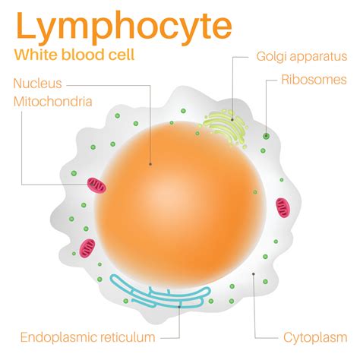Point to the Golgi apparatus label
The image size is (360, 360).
[x=302, y=56]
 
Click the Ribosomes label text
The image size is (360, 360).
[x=314, y=80]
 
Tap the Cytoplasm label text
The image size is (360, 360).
[x=311, y=336]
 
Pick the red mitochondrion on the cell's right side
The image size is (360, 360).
[x=283, y=206]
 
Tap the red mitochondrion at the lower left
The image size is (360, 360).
[x=88, y=247]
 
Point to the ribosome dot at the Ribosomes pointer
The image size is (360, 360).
[x=266, y=137]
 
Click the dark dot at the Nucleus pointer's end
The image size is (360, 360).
[x=150, y=163]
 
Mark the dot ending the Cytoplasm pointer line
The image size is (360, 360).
[x=253, y=273]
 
